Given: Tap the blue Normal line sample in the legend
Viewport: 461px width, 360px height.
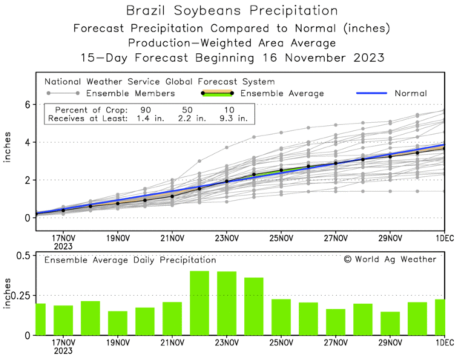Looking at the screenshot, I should click(371, 93).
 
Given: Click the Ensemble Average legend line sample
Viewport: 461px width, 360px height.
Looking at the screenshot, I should click(217, 93).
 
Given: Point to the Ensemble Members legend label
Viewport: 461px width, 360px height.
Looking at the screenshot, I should click(130, 93).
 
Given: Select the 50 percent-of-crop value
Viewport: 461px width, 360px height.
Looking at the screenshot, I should click(187, 110).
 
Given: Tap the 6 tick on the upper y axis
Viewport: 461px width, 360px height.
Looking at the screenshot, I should click(28, 105).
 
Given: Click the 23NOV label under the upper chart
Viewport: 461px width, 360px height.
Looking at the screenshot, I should click(227, 238).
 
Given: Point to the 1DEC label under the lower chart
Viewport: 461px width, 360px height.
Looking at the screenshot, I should click(445, 342).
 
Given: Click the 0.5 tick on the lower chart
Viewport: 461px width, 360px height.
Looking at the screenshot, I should click(23, 256).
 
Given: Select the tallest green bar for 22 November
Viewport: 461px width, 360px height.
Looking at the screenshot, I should click(200, 303).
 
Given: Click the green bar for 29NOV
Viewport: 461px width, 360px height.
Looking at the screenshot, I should click(390, 323).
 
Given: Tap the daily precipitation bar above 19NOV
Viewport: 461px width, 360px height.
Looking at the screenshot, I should click(118, 323).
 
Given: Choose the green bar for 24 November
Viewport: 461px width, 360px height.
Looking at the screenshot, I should click(254, 306).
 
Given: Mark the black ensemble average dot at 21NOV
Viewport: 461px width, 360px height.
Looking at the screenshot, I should click(172, 196).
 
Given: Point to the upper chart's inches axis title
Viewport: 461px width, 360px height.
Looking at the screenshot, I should click(7, 147).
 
